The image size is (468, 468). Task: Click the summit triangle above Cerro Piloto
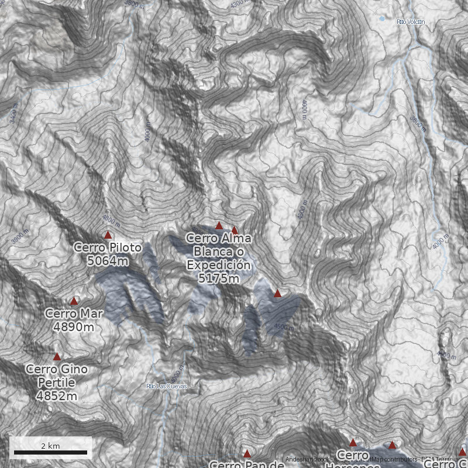(x=108, y=235)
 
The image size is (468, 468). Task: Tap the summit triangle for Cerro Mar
(x=74, y=301)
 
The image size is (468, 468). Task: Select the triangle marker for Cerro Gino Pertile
(x=57, y=356)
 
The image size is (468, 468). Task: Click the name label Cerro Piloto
(x=108, y=248)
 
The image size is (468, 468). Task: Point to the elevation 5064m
(x=108, y=261)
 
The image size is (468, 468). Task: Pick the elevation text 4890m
(x=74, y=326)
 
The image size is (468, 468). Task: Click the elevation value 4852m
(x=57, y=396)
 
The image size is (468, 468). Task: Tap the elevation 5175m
(x=219, y=278)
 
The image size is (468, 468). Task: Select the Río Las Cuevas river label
(x=167, y=386)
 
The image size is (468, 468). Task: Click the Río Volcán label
(x=410, y=22)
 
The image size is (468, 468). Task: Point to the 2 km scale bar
(x=50, y=452)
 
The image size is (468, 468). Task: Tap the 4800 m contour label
(x=111, y=221)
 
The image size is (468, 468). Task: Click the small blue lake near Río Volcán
(x=382, y=19)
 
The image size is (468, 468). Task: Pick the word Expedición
(x=219, y=265)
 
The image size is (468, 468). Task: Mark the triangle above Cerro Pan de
(x=247, y=453)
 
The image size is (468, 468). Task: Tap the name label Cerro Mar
(x=74, y=314)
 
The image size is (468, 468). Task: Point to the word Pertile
(x=57, y=383)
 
